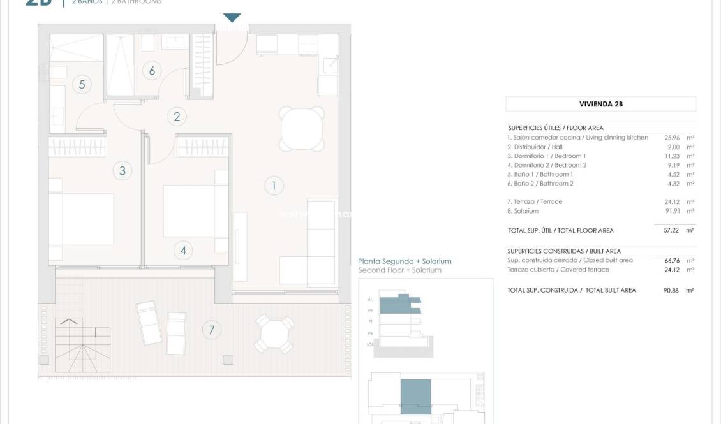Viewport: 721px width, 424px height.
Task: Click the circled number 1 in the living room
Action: [x=274, y=186]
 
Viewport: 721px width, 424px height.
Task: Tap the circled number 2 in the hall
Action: [x=177, y=116]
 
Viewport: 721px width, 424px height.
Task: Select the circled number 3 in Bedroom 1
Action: [x=122, y=170]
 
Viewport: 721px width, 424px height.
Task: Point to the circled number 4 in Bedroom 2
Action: [x=183, y=251]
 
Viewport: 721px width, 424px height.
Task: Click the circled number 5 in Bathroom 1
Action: [x=82, y=84]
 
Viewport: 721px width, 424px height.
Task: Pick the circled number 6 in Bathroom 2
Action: [x=152, y=70]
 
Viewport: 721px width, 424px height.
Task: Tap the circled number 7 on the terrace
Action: [x=211, y=330]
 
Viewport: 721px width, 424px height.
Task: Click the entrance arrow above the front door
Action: [x=232, y=18]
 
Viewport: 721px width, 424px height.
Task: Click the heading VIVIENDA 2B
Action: [x=600, y=104]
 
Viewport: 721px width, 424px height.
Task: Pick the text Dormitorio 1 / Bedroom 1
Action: [x=546, y=156]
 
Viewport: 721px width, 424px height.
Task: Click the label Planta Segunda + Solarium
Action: [x=405, y=261]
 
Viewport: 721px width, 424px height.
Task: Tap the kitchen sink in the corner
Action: [x=330, y=64]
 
